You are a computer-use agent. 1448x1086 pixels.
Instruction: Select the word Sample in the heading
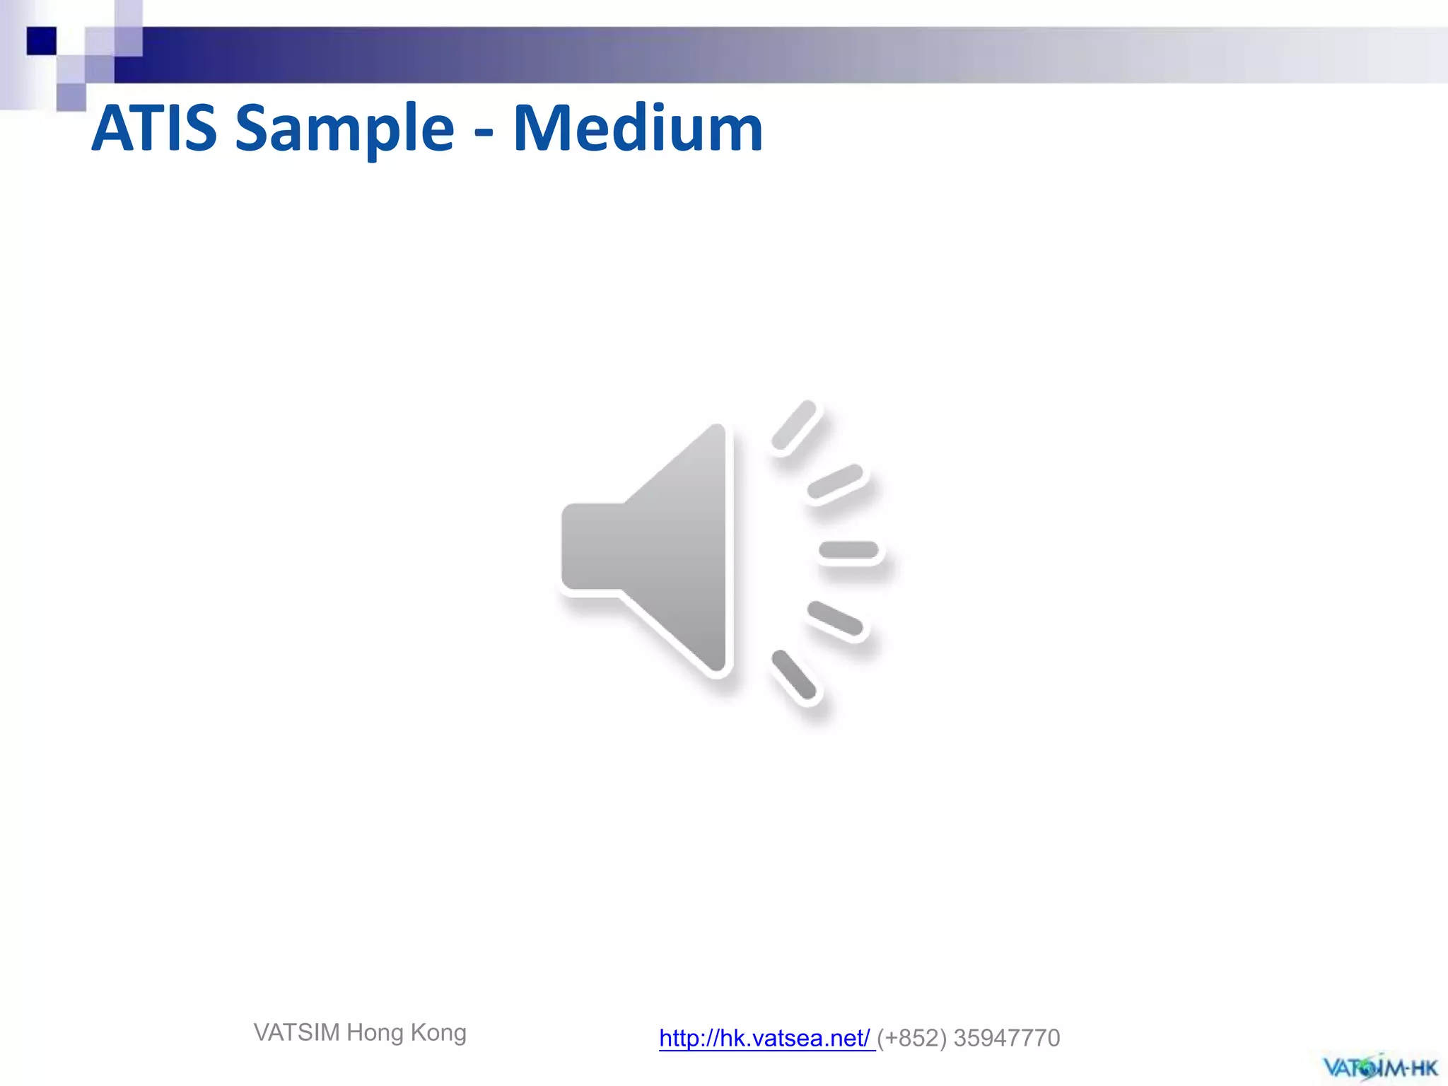point(344,129)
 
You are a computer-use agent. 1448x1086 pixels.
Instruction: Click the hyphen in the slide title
point(484,132)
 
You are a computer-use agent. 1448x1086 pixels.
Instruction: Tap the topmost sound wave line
point(795,425)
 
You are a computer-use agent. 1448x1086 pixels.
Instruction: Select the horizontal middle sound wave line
point(848,550)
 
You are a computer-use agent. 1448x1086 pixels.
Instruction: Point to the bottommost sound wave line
point(795,677)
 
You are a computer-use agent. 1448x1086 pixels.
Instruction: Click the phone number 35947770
point(1007,1038)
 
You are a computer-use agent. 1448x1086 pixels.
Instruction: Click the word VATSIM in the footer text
point(297,1033)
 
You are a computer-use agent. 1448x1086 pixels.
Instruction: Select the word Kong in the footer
point(438,1033)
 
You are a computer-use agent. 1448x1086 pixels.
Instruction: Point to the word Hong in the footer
point(375,1033)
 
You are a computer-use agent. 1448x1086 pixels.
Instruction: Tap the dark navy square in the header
point(41,41)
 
